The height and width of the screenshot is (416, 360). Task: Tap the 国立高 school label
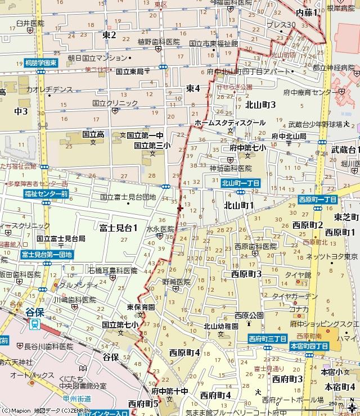[93, 135]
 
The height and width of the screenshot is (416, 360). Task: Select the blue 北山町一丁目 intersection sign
[240, 183]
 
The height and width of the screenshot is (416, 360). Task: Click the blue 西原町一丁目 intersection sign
[317, 200]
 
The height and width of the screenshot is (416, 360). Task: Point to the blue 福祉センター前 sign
[46, 194]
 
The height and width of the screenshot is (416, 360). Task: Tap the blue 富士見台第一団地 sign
[47, 255]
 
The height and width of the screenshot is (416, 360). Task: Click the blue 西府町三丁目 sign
[268, 339]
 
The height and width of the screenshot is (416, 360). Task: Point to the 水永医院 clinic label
[160, 229]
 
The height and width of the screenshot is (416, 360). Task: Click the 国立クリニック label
[115, 103]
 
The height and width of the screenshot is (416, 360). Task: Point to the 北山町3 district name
[260, 105]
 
